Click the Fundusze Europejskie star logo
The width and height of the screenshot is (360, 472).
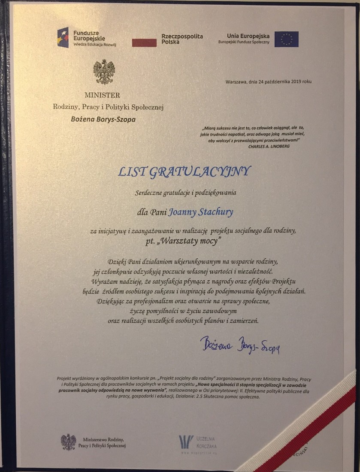pyautogui.click(x=63, y=37)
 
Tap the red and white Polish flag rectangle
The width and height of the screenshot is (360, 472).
pyautogui.click(x=144, y=42)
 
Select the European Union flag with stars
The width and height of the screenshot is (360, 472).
pyautogui.click(x=286, y=39)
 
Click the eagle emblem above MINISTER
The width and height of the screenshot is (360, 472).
pyautogui.click(x=104, y=72)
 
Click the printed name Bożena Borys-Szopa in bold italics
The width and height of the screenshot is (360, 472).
pyautogui.click(x=103, y=119)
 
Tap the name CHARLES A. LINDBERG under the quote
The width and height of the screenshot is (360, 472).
pyautogui.click(x=269, y=146)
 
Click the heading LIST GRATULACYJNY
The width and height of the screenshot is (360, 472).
pyautogui.click(x=184, y=172)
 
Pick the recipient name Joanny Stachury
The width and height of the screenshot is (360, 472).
pyautogui.click(x=195, y=211)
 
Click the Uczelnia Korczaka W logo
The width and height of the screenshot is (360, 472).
pyautogui.click(x=186, y=442)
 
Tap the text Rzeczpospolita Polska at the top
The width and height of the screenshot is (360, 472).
pyautogui.click(x=182, y=39)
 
